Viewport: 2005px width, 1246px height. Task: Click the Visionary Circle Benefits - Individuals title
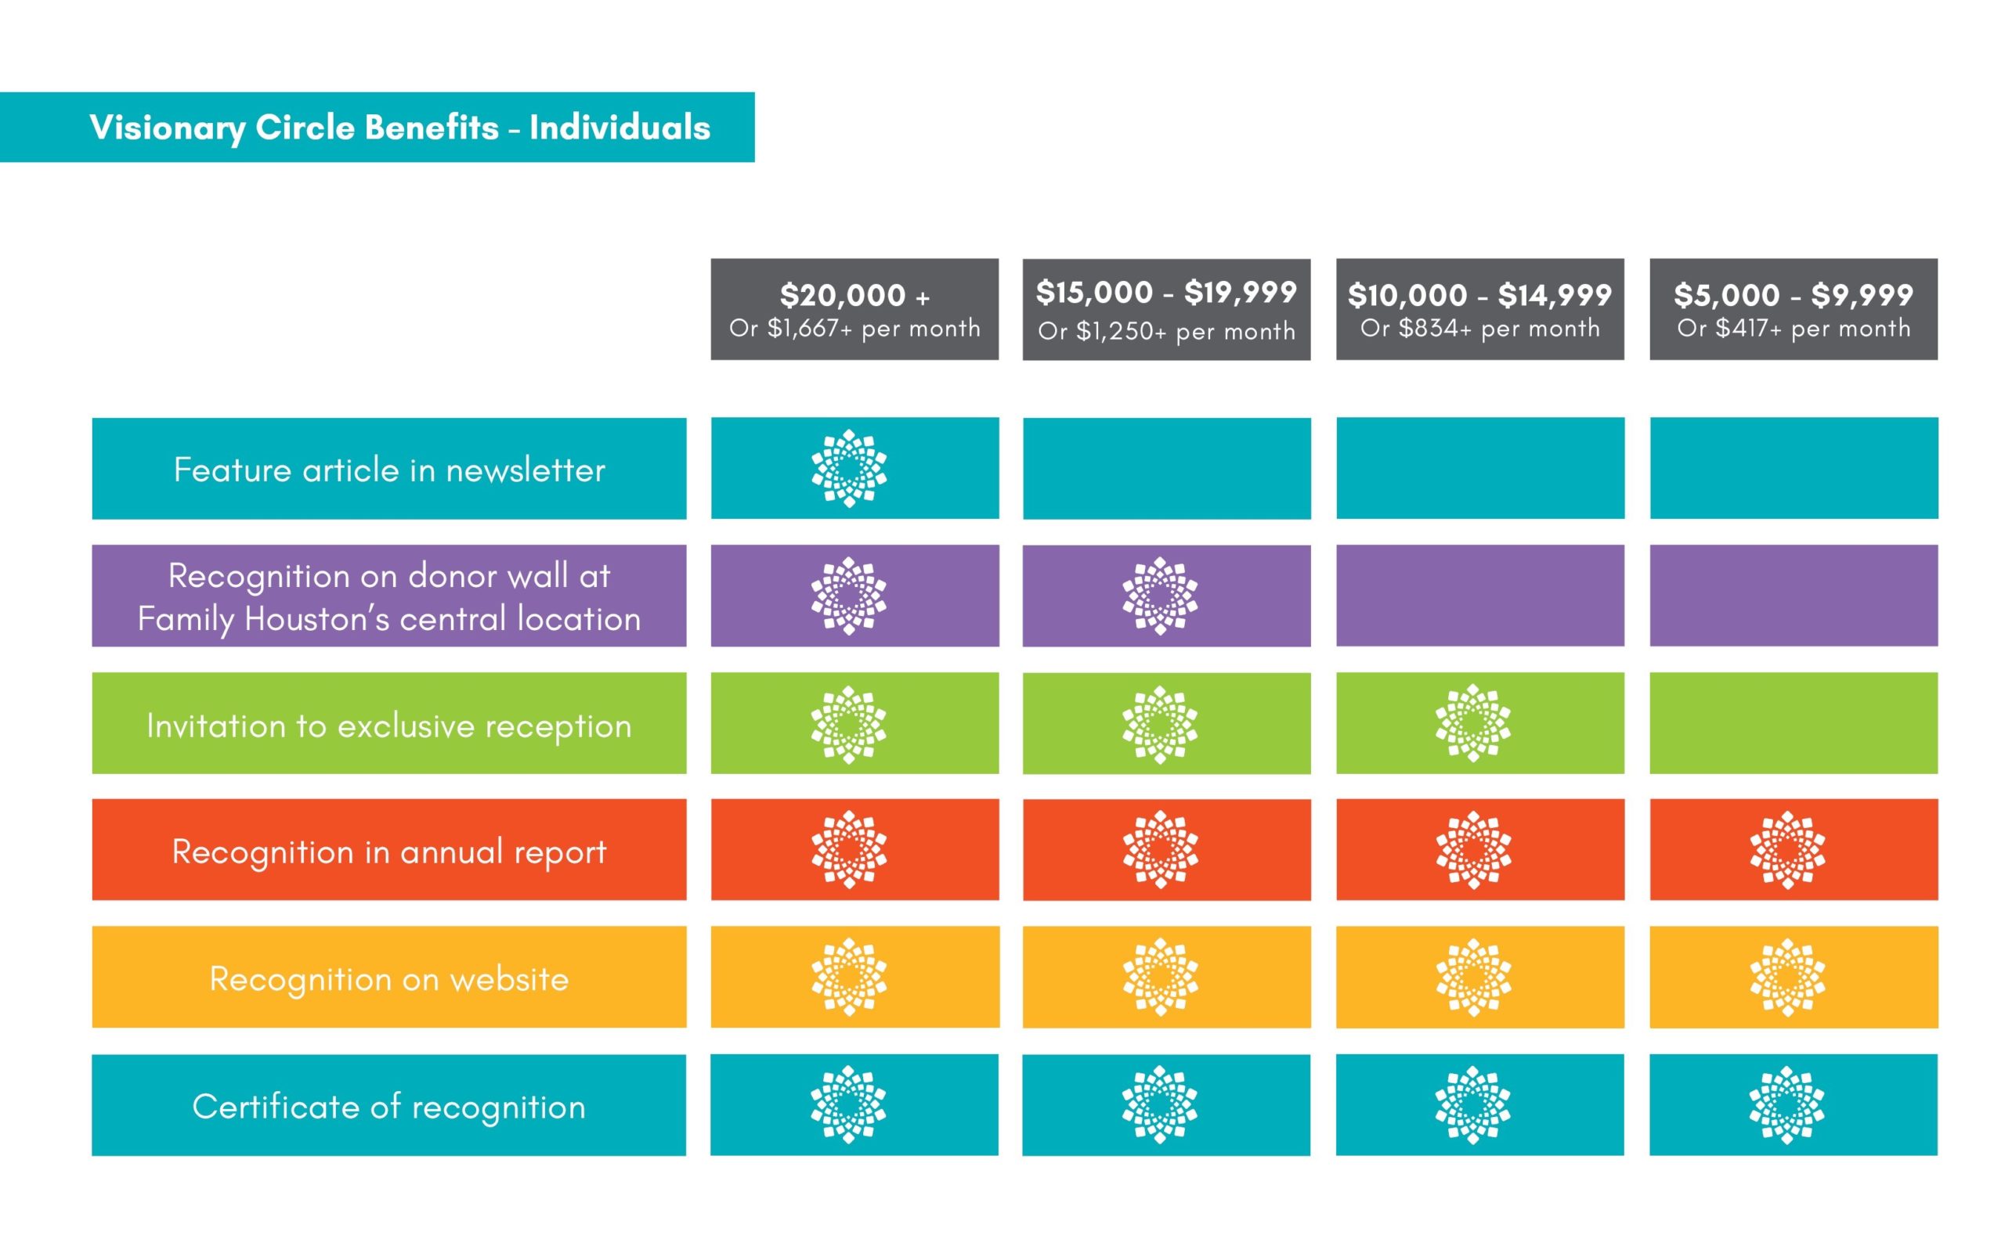(x=400, y=128)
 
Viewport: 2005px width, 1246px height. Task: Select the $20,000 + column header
(x=854, y=309)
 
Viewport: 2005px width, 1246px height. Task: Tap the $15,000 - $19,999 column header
(x=1165, y=309)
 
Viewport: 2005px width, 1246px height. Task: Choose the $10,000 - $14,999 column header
(x=1479, y=309)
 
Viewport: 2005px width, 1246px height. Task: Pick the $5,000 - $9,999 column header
(x=1793, y=309)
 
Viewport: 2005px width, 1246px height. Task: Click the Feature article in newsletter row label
(x=389, y=469)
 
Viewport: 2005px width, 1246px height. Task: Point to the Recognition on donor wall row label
(x=389, y=596)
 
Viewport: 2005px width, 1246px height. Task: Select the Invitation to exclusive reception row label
(x=389, y=723)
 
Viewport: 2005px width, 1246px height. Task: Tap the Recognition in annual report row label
(x=389, y=850)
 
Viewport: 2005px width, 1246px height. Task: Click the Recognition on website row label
(x=389, y=978)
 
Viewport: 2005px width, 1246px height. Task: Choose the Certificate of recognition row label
(x=389, y=1105)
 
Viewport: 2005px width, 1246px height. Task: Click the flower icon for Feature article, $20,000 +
(x=848, y=468)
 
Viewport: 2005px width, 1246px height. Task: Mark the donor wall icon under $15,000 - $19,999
(x=1160, y=596)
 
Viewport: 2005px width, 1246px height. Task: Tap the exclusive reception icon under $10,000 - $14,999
(x=1473, y=722)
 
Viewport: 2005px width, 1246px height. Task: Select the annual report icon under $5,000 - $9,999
(x=1786, y=850)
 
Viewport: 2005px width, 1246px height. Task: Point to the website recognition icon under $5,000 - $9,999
(x=1786, y=978)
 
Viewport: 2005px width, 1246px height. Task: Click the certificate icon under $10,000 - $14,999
(x=1473, y=1105)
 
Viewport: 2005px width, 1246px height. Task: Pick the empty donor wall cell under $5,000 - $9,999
(x=1793, y=596)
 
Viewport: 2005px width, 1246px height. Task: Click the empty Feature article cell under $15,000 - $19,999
(x=1165, y=468)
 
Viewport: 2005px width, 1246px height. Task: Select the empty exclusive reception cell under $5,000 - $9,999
(x=1793, y=722)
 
